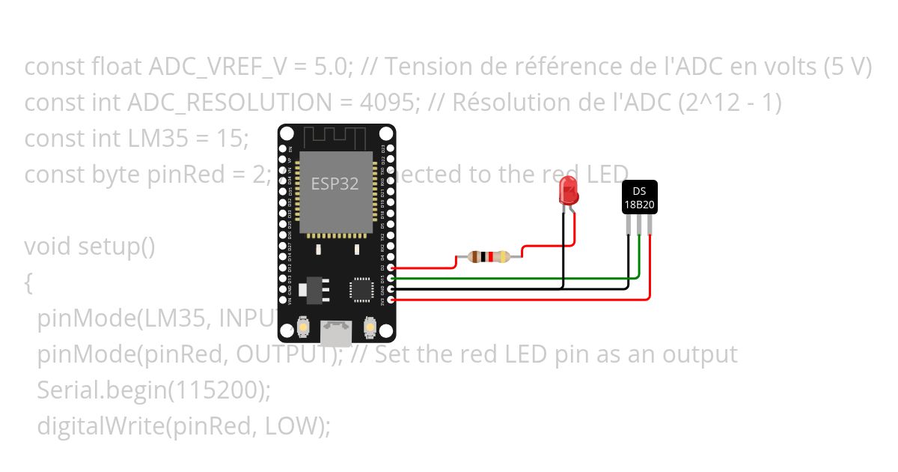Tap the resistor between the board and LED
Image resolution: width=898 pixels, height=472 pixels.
(x=488, y=257)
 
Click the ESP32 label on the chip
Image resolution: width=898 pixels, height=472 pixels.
(x=335, y=184)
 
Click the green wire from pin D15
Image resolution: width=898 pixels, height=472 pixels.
(x=524, y=278)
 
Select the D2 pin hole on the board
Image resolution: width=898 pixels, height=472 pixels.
(x=390, y=267)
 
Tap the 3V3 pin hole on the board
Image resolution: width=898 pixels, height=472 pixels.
(x=390, y=299)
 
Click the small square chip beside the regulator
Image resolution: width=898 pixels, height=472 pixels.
(x=361, y=289)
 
